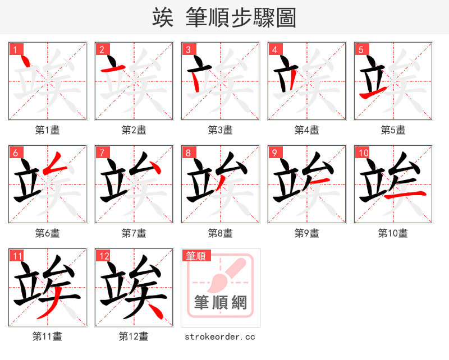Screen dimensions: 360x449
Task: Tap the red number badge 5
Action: point(361,49)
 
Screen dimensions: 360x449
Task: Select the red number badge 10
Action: point(363,153)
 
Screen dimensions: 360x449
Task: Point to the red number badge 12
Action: point(103,256)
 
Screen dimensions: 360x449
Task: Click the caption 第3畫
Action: point(220,130)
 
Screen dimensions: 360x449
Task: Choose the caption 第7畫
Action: point(134,233)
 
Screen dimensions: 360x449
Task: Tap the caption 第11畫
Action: point(47,336)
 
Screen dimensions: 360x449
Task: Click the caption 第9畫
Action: point(306,233)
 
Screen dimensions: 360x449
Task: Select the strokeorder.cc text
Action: point(220,336)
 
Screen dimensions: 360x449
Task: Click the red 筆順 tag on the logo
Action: point(196,256)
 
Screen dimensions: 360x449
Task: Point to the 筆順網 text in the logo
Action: point(220,303)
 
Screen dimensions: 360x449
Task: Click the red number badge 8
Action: point(188,153)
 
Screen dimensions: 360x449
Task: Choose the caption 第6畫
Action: point(47,233)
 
